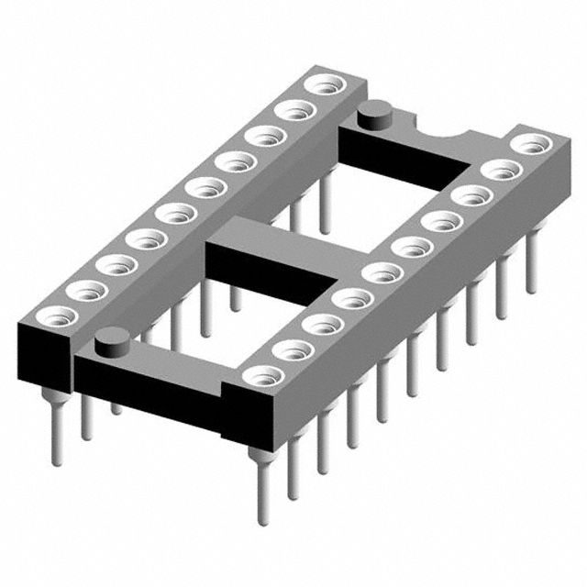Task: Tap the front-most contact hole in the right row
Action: point(262,375)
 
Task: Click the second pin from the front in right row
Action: point(293,472)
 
